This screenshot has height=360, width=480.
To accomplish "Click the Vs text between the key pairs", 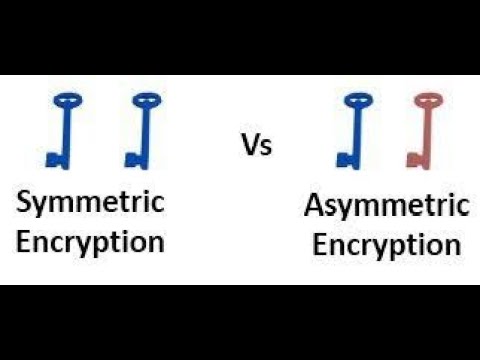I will [257, 145].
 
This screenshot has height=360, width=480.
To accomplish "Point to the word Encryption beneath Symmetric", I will [91, 241].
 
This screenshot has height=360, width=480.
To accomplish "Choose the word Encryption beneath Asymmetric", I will [387, 245].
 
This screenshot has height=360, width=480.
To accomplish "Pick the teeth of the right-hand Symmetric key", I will [132, 158].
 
